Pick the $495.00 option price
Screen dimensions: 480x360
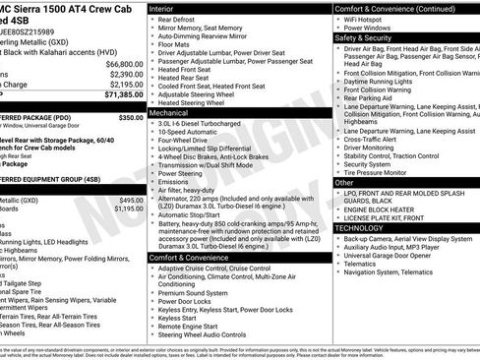click(130, 200)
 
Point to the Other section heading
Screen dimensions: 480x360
click(344, 182)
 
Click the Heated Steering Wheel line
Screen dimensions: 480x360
click(200, 102)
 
